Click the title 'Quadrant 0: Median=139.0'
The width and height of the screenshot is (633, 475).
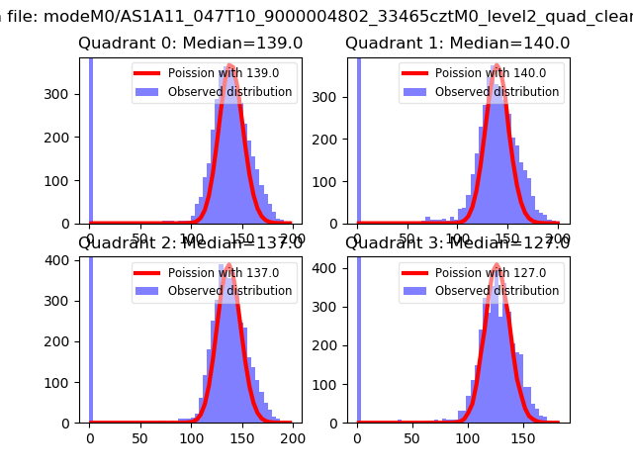coord(191,44)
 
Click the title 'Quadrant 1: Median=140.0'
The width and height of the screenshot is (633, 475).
coord(458,44)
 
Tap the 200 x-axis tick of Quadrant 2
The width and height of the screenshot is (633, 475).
coord(293,437)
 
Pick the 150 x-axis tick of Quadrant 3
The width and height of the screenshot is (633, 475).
coord(523,437)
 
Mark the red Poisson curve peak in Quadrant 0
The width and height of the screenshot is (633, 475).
coord(229,66)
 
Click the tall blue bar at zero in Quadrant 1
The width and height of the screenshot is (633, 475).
coord(358,139)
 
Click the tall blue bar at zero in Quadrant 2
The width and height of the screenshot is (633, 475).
coord(90,336)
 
